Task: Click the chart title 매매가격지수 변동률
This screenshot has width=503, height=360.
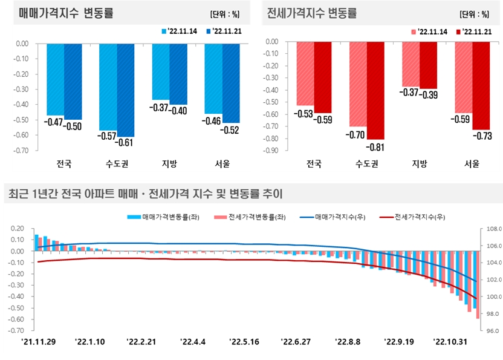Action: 66,13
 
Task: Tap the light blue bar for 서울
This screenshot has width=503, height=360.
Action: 213,78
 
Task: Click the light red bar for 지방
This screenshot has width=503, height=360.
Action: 411,64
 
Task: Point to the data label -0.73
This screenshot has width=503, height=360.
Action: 481,136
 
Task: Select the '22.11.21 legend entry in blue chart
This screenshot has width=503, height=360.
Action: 224,31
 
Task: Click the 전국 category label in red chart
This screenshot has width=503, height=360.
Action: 313,164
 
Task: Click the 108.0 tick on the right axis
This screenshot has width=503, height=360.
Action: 490,229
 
